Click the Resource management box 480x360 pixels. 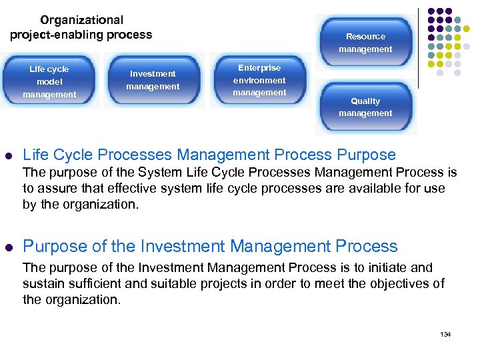pos(365,43)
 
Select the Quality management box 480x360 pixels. pos(365,107)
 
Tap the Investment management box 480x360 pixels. pos(153,80)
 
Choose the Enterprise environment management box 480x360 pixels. pos(259,80)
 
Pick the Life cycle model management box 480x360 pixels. pos(49,81)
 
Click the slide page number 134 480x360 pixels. pos(445,334)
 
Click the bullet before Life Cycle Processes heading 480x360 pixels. pos(9,156)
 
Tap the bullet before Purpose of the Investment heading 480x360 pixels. pos(9,247)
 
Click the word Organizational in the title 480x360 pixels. pos(81,21)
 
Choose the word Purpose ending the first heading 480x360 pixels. pos(367,155)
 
